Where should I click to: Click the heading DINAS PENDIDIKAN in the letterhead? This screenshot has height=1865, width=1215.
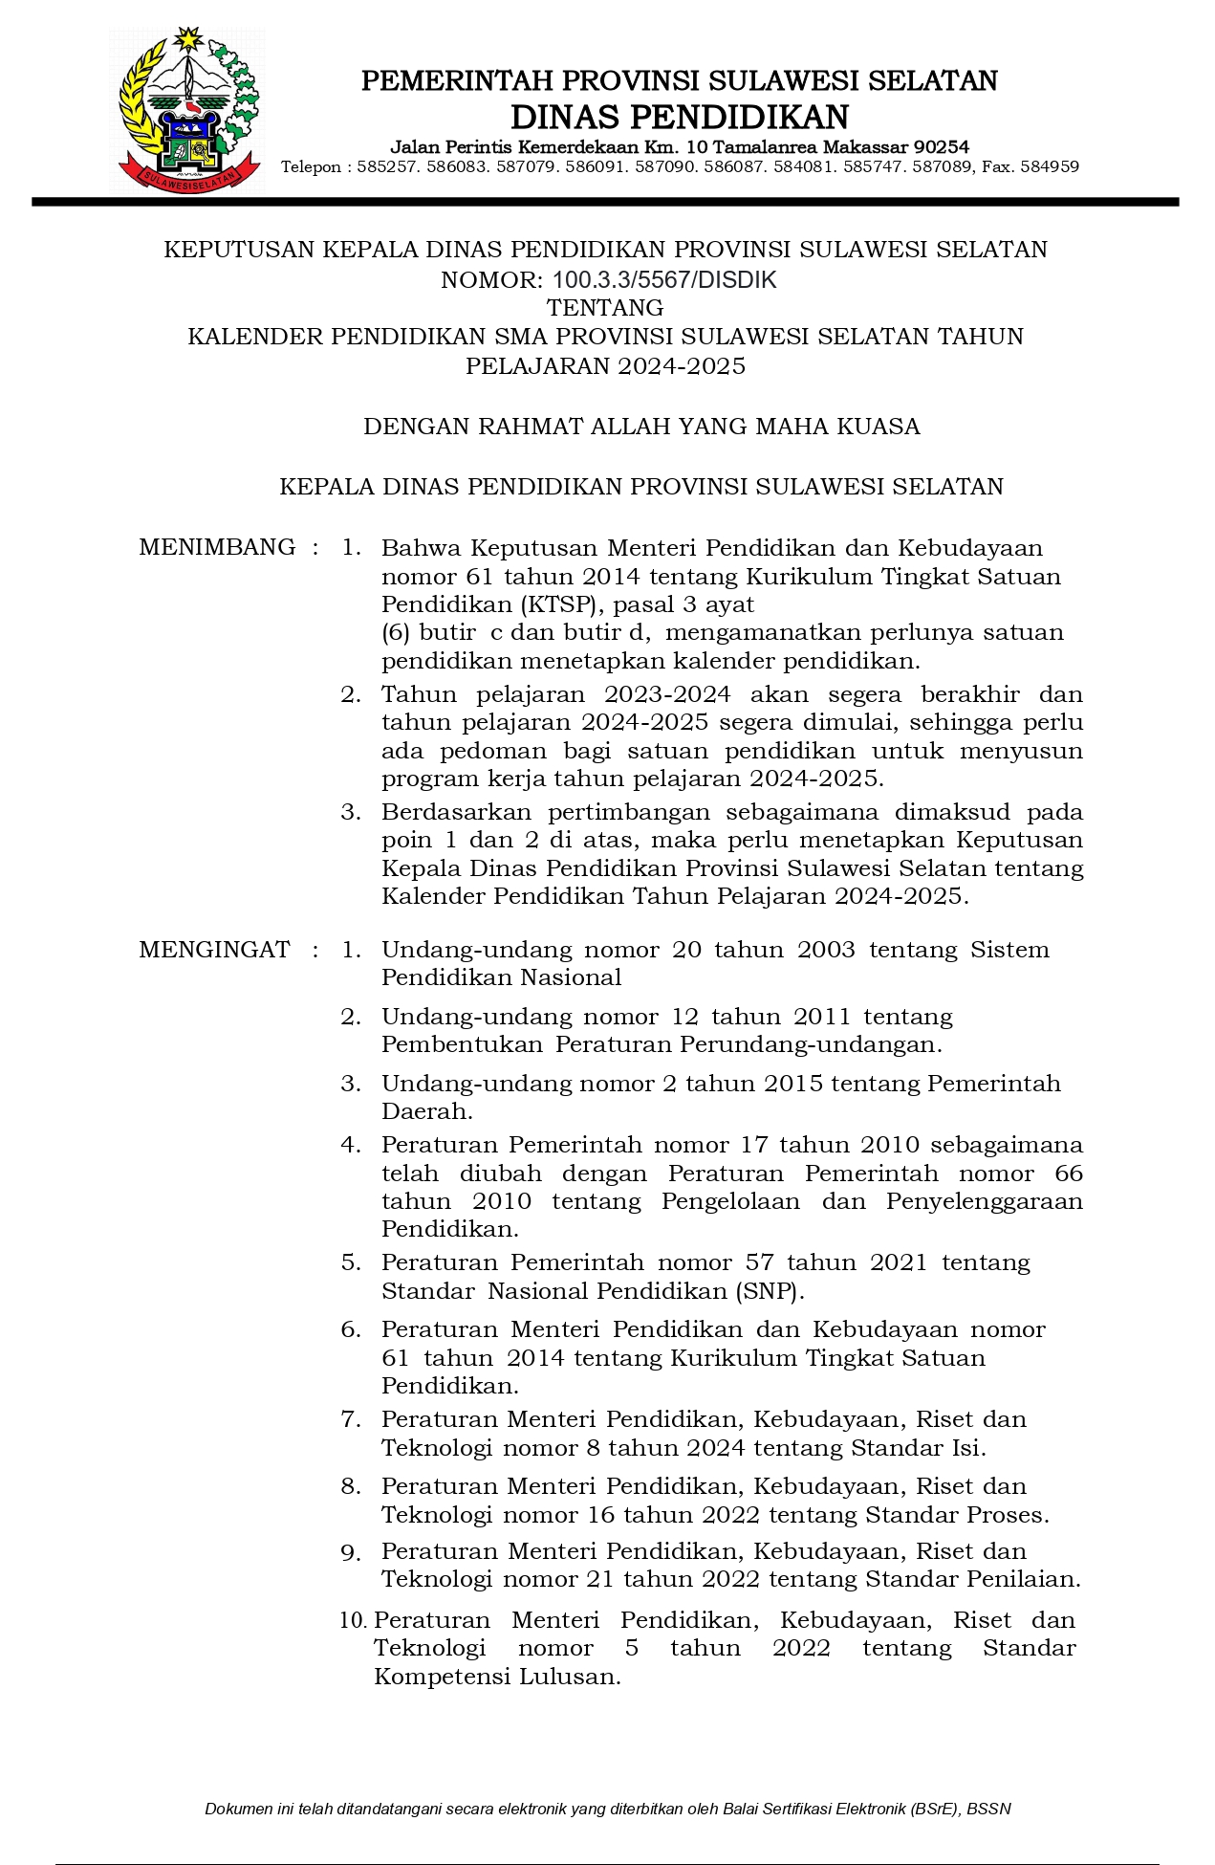tap(680, 117)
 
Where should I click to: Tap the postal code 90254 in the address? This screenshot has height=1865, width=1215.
tap(942, 146)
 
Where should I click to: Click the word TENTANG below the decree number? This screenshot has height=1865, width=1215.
tap(605, 307)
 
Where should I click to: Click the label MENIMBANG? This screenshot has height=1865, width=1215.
tap(217, 547)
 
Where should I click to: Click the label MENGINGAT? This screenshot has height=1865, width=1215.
tap(214, 949)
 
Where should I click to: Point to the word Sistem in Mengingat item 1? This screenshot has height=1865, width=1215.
tap(1009, 949)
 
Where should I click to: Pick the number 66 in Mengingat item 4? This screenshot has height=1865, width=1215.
tap(1069, 1173)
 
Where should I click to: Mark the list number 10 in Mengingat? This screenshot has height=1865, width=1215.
tap(353, 1619)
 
